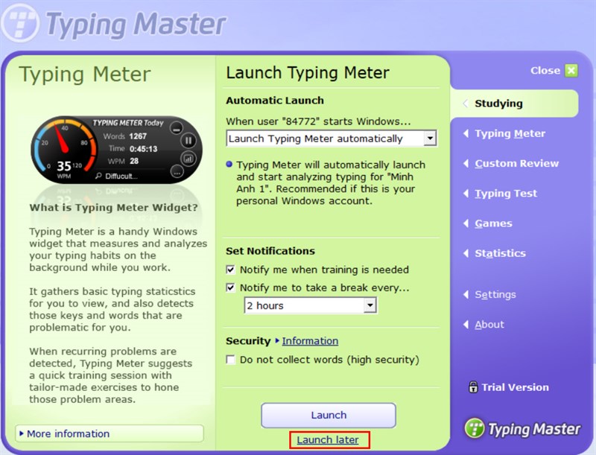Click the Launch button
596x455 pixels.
coord(329,415)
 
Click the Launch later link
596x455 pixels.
coord(328,440)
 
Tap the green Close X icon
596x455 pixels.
coord(571,71)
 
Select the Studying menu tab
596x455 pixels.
coord(498,104)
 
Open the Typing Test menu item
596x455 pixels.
coord(506,194)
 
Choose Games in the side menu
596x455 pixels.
coord(493,223)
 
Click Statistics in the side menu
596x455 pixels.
coord(500,253)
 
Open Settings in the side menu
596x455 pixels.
coord(495,295)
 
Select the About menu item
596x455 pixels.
coord(489,325)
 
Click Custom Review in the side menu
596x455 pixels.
coord(516,164)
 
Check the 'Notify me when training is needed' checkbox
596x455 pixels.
coord(231,270)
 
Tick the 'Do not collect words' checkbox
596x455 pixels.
coord(231,360)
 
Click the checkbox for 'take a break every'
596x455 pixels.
coord(231,287)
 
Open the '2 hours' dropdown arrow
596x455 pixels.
coord(370,305)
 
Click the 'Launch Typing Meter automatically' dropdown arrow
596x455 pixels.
coord(429,139)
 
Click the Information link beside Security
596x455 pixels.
coord(310,341)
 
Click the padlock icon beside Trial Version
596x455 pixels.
coord(473,387)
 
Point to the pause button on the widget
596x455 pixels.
coord(188,140)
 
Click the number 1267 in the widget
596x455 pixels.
coord(138,136)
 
